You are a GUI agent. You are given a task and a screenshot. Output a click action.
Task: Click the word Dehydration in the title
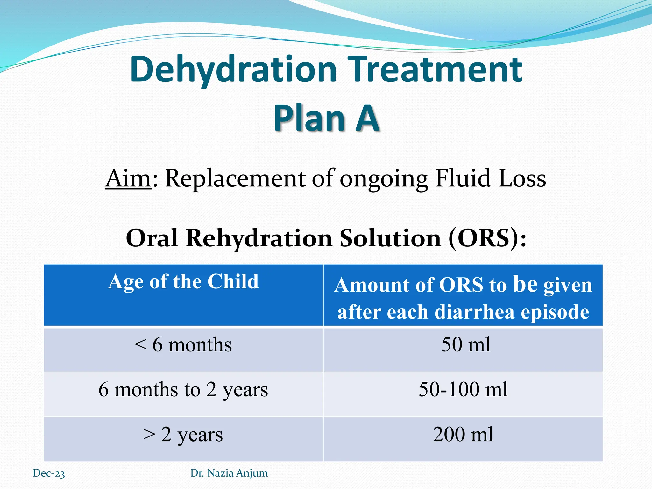[x=233, y=69]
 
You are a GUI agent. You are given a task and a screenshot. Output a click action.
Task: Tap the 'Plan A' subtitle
[x=326, y=118]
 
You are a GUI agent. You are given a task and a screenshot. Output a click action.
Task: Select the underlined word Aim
[x=128, y=178]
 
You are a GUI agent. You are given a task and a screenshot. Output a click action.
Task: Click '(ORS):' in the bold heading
[x=487, y=238]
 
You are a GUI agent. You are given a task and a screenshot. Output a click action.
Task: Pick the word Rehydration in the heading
[x=259, y=238]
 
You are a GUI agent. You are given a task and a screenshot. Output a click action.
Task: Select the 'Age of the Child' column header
[x=183, y=282]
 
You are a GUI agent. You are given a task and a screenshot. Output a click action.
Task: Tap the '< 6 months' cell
[x=183, y=345]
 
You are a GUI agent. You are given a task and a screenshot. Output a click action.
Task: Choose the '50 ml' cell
[x=466, y=344]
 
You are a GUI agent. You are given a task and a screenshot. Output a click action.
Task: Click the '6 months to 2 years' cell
[x=183, y=390]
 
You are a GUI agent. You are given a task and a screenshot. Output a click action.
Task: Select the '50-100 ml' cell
[x=463, y=389]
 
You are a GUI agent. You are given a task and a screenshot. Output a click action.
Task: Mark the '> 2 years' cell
[x=183, y=435]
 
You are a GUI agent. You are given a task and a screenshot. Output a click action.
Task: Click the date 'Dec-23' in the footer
[x=49, y=473]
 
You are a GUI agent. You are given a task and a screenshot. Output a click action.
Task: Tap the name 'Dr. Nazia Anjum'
[x=229, y=473]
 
